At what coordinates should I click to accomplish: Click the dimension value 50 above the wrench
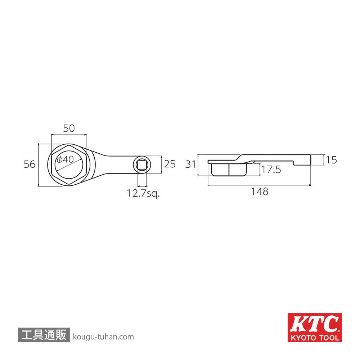click(x=68, y=129)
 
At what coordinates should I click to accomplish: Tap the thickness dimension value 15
click(x=331, y=158)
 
